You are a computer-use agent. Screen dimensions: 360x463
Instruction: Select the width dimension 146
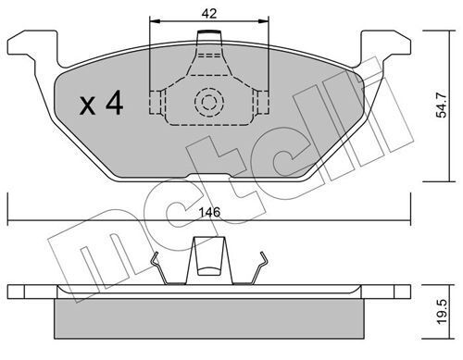[x=210, y=212]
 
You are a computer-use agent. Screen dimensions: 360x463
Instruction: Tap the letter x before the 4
[x=88, y=106]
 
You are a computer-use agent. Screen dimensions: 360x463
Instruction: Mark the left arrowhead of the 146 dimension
[x=12, y=220]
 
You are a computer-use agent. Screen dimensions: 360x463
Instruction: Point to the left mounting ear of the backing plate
[x=32, y=46]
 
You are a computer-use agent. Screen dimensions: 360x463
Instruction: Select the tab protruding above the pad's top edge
[x=210, y=36]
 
